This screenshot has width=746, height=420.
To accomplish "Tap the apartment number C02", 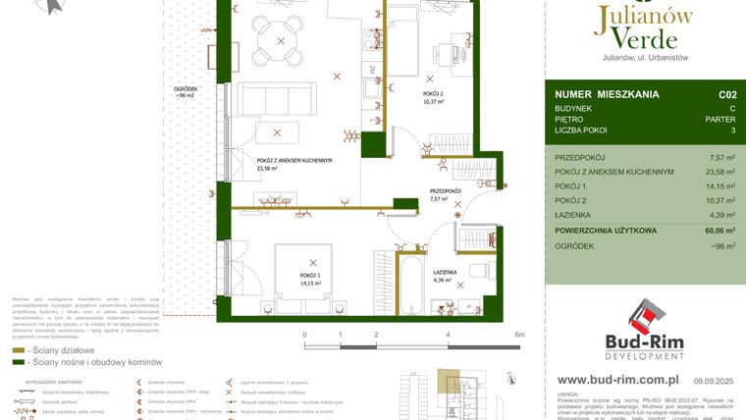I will click(726, 95).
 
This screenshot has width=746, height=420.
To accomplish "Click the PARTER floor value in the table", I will click(721, 117).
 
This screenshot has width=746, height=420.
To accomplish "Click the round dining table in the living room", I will click(282, 41).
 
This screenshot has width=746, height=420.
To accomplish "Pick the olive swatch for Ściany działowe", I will click(18, 348).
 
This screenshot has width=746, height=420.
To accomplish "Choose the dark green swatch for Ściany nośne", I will click(18, 362).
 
